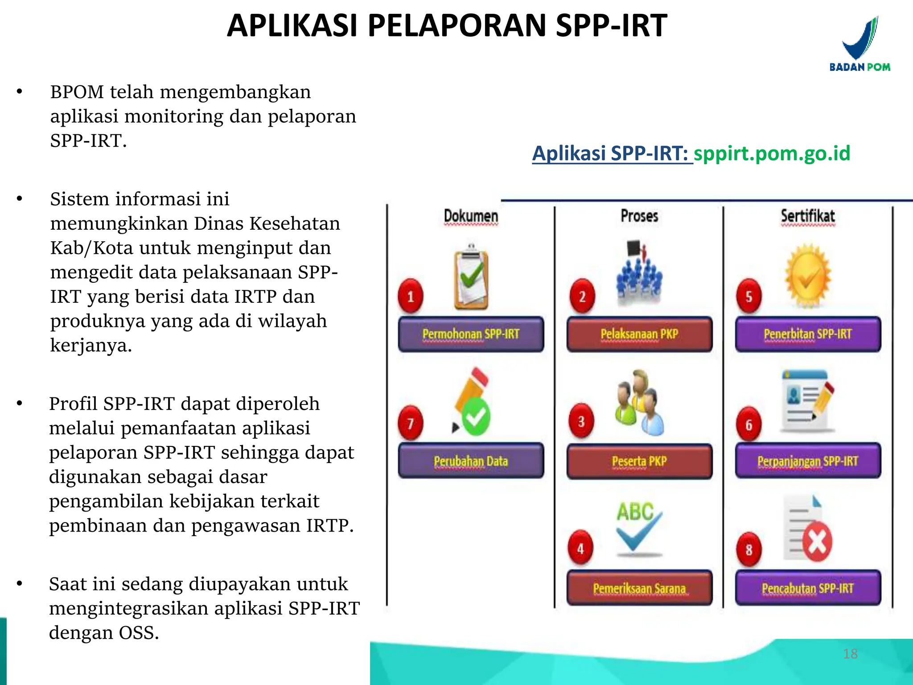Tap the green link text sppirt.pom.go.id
[x=772, y=153]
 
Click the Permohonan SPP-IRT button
[x=471, y=334]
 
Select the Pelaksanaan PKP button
[x=639, y=334]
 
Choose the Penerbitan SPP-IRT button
[x=808, y=334]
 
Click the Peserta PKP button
[x=639, y=461]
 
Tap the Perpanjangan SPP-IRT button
[x=808, y=461]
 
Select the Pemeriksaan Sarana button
[x=639, y=588]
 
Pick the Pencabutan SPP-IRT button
[x=808, y=588]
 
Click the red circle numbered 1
[x=411, y=296]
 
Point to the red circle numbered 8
[x=749, y=549]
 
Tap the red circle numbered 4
[x=580, y=548]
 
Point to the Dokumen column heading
[x=471, y=216]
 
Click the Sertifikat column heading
[x=808, y=216]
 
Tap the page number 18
[x=850, y=654]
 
